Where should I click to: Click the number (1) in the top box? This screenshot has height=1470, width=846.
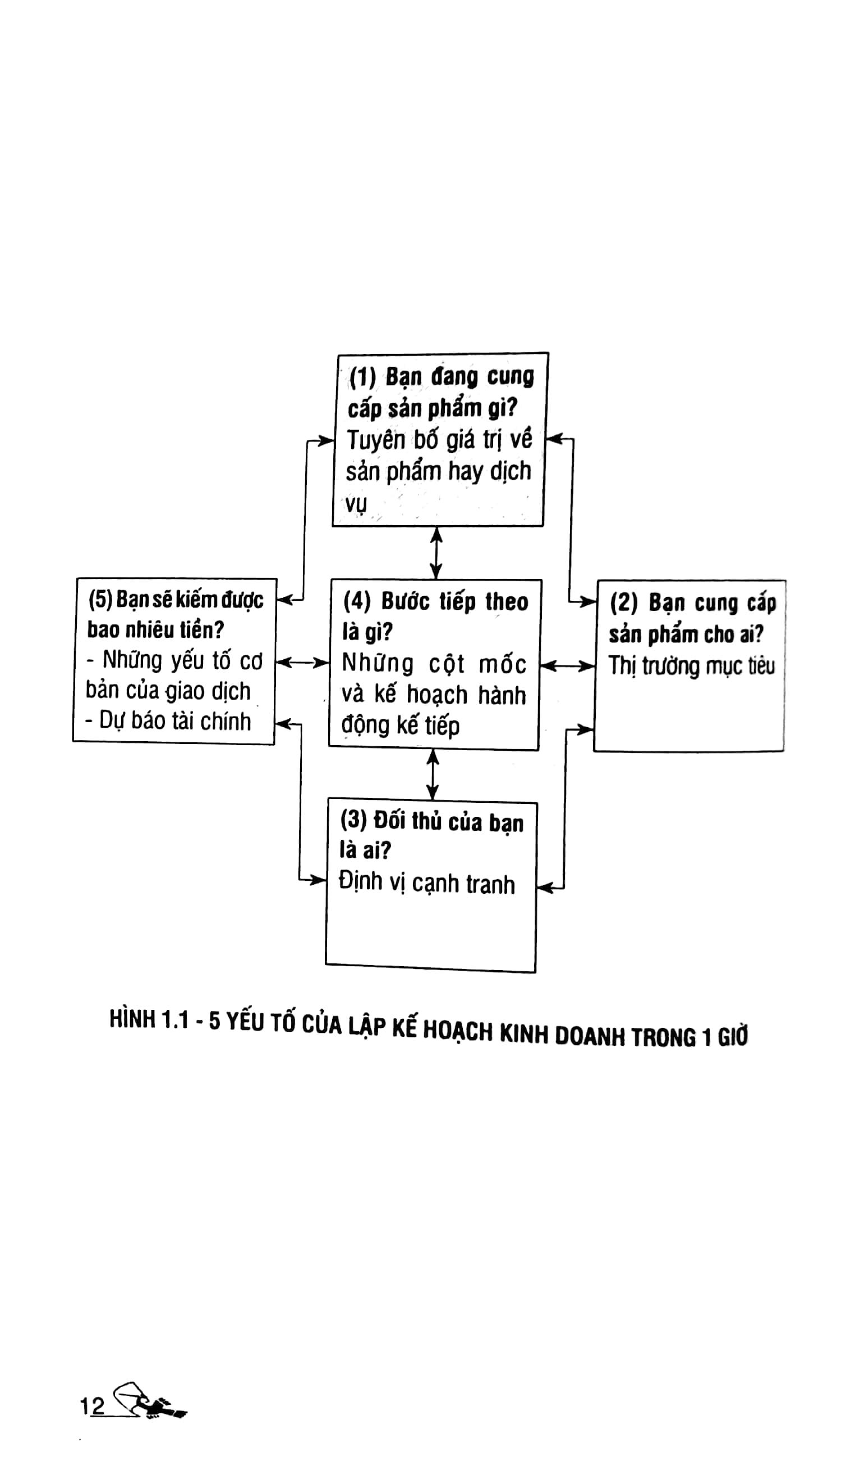point(363,378)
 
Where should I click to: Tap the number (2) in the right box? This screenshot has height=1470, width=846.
point(624,604)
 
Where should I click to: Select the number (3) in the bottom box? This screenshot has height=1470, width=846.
point(353,820)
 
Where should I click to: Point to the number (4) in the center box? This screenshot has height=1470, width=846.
point(357,601)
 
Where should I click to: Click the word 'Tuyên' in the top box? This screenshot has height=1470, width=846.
point(376,440)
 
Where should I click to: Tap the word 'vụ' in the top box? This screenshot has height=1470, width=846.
point(356,503)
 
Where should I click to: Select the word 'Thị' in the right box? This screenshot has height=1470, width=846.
point(622,665)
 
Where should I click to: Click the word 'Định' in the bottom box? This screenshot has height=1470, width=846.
point(361,881)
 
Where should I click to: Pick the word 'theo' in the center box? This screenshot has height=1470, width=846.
point(507,602)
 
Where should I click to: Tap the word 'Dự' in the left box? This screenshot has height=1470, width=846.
point(112,720)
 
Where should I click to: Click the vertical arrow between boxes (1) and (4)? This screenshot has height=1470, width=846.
point(436,553)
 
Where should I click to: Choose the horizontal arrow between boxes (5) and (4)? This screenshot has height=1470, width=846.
point(302,663)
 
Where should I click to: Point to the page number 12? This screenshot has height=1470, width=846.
point(92,1407)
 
